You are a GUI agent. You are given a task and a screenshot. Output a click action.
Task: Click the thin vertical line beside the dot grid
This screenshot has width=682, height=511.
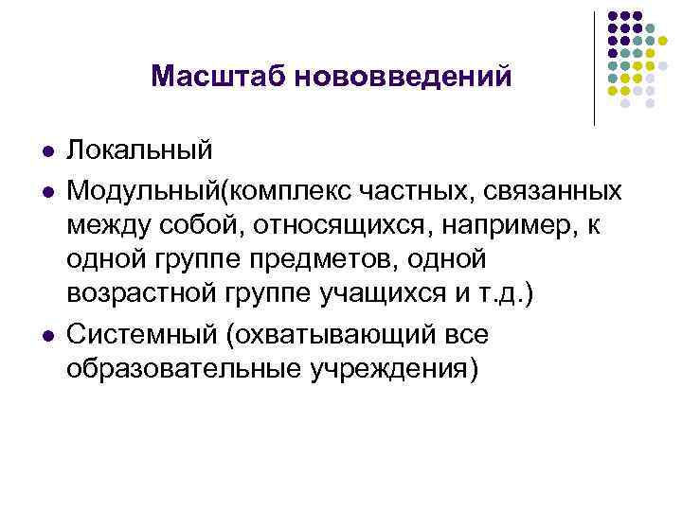tap(594, 66)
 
